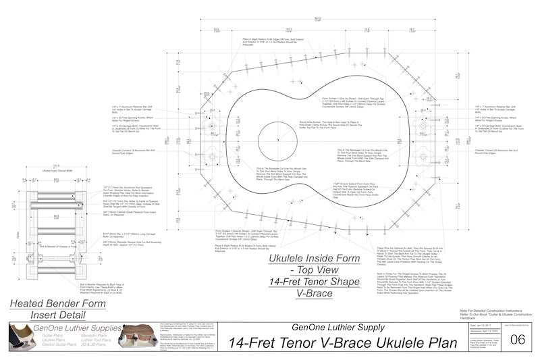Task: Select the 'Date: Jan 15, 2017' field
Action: coord(469,325)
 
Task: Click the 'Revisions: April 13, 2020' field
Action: coord(471,330)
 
